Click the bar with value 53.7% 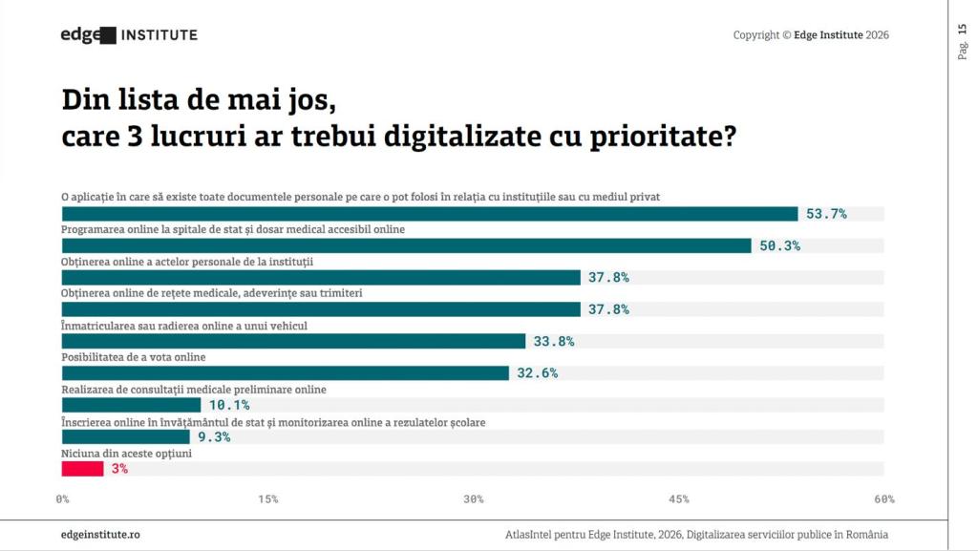point(430,214)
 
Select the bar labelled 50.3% point(406,245)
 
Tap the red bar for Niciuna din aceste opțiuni point(82,469)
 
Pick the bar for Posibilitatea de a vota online point(285,373)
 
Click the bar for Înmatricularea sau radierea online point(293,341)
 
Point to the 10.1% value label point(229,405)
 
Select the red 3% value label point(119,469)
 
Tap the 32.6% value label point(537,373)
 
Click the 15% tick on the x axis point(268,499)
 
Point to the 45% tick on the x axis point(679,499)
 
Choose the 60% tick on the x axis point(883,499)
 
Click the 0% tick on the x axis point(63,499)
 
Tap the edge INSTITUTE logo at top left point(129,35)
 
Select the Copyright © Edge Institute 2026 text point(811,35)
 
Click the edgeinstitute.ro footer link point(100,535)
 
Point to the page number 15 point(962,30)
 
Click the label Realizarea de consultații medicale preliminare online point(194,390)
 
